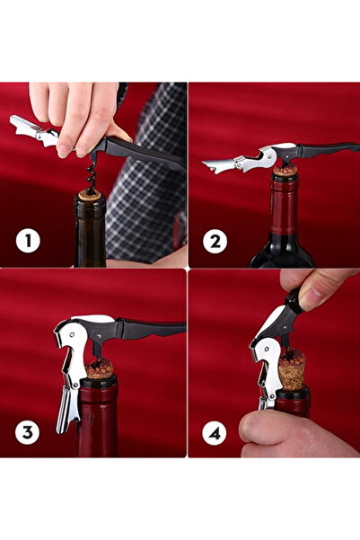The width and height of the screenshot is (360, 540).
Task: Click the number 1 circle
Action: tap(28, 241)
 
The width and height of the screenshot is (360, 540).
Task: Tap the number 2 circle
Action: tap(215, 242)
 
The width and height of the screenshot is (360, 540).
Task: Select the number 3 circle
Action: tap(27, 432)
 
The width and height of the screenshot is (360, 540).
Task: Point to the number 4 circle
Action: tap(215, 433)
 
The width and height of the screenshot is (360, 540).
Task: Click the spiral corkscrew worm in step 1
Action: tap(92, 174)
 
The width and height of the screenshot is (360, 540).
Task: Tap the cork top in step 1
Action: tap(90, 196)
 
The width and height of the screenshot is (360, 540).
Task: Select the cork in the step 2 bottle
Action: tap(285, 171)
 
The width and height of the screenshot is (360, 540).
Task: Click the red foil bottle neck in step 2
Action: tap(284, 206)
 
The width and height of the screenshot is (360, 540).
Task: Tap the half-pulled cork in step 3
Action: tap(100, 369)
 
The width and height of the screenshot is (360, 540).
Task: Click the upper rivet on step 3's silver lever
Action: tap(72, 334)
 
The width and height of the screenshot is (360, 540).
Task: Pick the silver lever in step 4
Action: tap(267, 359)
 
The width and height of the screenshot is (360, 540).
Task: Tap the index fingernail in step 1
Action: tap(65, 150)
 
